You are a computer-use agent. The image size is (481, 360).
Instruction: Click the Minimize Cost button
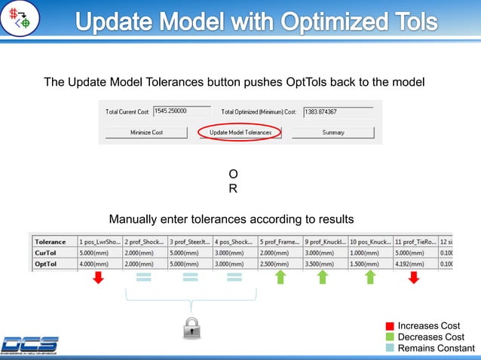[146, 133]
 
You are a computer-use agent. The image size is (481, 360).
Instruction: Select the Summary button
[332, 133]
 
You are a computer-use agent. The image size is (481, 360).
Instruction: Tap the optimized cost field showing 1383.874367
[338, 111]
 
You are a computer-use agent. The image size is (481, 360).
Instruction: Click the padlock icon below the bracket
[191, 326]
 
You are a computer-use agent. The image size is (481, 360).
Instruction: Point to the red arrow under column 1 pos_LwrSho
[97, 279]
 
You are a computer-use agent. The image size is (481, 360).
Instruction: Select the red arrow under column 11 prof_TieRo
[413, 279]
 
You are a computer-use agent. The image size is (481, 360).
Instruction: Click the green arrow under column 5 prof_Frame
[280, 278]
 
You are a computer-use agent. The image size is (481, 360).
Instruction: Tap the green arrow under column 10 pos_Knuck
[370, 278]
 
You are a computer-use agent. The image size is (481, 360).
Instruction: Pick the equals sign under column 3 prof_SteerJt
[189, 279]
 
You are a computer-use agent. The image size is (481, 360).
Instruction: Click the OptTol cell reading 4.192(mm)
[414, 264]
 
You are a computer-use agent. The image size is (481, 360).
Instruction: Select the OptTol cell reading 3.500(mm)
[324, 264]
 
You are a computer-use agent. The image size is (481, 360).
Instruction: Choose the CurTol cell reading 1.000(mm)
[369, 253]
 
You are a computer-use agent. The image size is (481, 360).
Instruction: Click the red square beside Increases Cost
[390, 325]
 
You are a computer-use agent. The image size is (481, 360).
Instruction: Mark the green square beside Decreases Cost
[390, 337]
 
